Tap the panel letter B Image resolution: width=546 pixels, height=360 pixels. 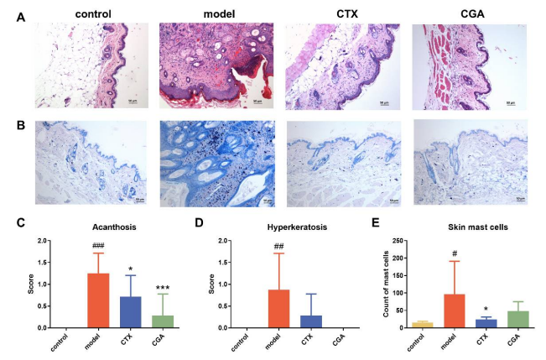coord(20,128)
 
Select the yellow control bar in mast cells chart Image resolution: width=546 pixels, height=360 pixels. coord(423,324)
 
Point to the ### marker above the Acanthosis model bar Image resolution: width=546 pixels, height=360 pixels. coord(98,246)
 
